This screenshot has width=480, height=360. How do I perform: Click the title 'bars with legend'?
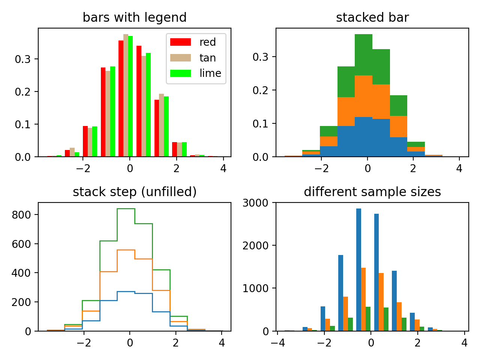point(134,18)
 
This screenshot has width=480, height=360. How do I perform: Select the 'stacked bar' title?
point(372,18)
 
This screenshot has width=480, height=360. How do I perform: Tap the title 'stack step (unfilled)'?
point(134,192)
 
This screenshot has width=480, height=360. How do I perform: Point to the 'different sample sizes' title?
point(372,192)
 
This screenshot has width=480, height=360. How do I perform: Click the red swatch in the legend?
point(180,42)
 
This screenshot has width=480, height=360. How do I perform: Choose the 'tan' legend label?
point(207,58)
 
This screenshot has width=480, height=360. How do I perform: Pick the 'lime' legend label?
point(210,73)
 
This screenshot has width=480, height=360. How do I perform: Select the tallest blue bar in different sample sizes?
point(358,270)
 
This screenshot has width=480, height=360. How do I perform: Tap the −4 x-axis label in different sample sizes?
point(277,343)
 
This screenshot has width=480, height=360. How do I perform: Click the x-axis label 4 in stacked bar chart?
point(459,168)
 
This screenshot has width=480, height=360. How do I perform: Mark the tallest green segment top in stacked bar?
point(363,35)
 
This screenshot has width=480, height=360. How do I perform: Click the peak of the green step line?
point(126,209)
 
